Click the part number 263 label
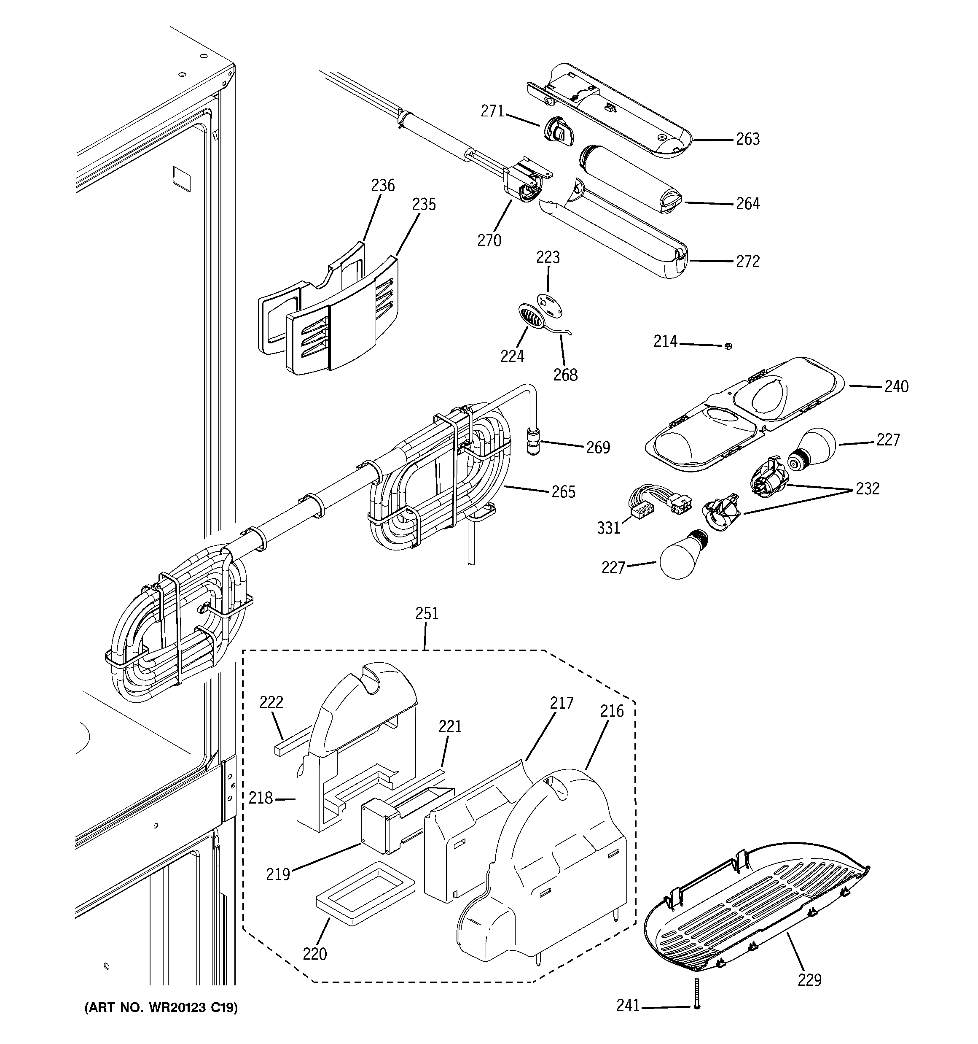747,139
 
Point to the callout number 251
426,613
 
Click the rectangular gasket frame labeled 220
365,893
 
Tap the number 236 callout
383,185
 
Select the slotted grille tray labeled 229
756,914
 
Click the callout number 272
747,262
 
